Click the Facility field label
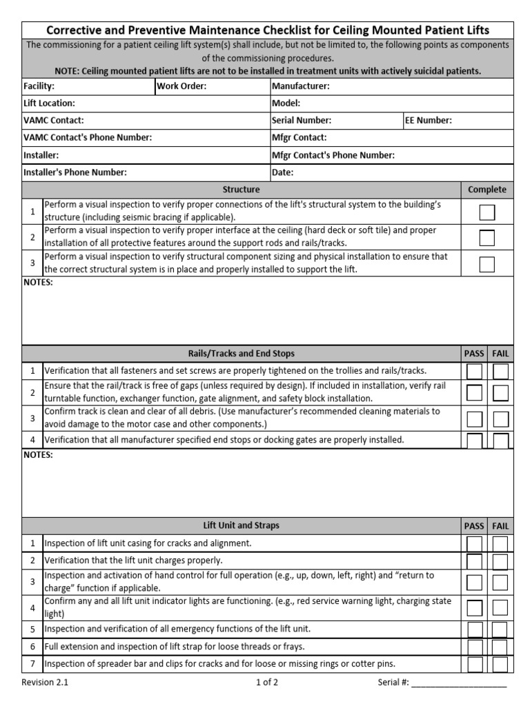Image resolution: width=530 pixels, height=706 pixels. click(x=39, y=86)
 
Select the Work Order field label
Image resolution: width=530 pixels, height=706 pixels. click(x=181, y=86)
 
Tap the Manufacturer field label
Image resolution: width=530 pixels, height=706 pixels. click(x=300, y=86)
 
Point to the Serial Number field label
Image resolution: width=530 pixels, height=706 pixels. click(x=302, y=121)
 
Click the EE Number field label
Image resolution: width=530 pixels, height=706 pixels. click(x=429, y=121)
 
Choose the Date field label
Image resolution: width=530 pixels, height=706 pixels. click(x=283, y=172)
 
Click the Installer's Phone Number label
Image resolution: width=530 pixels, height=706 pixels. click(x=75, y=172)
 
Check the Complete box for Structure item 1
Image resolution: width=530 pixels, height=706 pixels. click(x=487, y=212)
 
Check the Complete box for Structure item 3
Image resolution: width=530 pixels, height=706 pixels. click(x=487, y=264)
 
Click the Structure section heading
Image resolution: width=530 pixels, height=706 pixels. click(x=241, y=190)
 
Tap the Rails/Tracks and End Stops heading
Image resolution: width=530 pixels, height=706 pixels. click(x=241, y=354)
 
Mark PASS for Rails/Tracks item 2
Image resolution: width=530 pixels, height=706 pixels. click(x=474, y=393)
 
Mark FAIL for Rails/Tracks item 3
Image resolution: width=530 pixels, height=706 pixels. click(x=500, y=419)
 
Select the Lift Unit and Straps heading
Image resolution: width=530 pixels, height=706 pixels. click(x=241, y=525)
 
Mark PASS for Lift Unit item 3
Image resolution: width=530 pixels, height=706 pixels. click(x=474, y=582)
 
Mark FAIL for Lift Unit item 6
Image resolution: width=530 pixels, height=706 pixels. click(x=500, y=647)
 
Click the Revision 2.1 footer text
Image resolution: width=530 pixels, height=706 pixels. click(x=45, y=683)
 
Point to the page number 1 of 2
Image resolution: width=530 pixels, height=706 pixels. click(x=267, y=683)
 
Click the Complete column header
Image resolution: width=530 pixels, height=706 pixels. click(x=487, y=190)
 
